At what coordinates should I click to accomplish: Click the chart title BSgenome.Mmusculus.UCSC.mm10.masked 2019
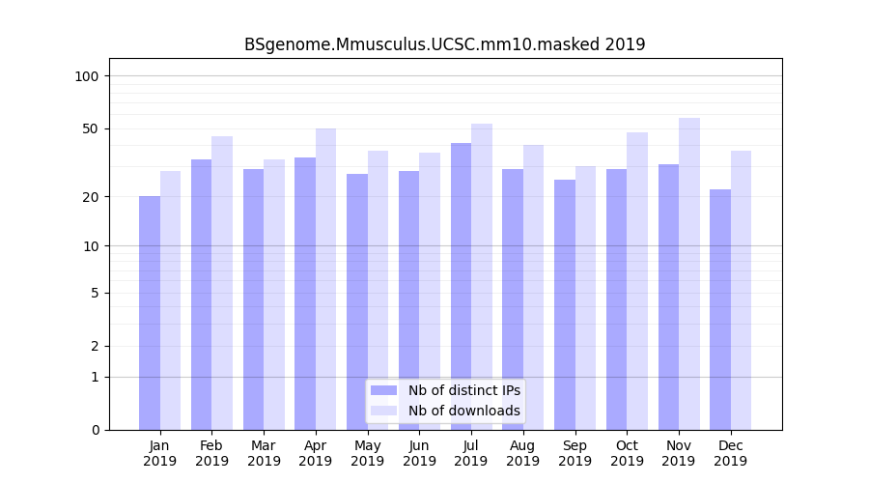click(444, 44)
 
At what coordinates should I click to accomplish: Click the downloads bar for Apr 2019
click(326, 279)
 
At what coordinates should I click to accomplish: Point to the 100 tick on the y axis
click(93, 76)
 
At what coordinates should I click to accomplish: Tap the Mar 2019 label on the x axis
click(264, 453)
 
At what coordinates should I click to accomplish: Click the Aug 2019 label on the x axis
click(522, 453)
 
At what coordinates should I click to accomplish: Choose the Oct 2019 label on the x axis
click(627, 453)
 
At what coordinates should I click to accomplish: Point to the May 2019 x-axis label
click(367, 453)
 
